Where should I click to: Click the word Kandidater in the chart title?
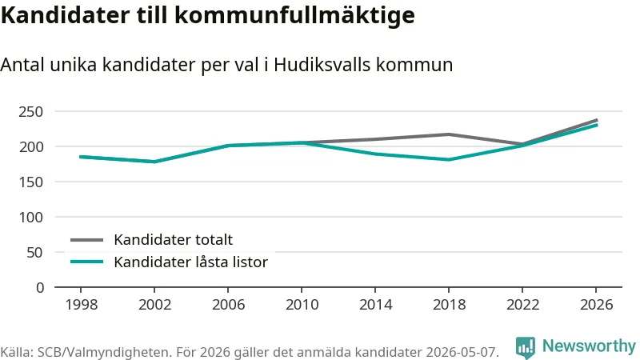point(66,14)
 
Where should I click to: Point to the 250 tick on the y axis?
point(30,111)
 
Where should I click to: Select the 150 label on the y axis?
point(30,182)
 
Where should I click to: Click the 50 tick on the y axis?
point(34,253)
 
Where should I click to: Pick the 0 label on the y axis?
point(39,288)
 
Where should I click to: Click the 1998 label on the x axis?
point(82,305)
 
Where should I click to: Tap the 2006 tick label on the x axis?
point(228,305)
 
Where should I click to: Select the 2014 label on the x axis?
point(375,305)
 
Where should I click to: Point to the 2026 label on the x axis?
point(596,305)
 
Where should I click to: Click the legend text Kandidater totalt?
point(173,239)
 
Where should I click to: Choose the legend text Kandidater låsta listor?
point(190,262)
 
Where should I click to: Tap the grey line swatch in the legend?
point(86,240)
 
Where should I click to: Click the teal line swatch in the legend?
point(86,262)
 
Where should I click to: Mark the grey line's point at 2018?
point(449,134)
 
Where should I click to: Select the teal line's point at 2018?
point(449,159)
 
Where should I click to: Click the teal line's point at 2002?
point(154,162)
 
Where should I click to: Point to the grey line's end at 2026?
point(597,121)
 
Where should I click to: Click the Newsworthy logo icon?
point(526,347)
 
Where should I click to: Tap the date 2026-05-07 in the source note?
point(462,352)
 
